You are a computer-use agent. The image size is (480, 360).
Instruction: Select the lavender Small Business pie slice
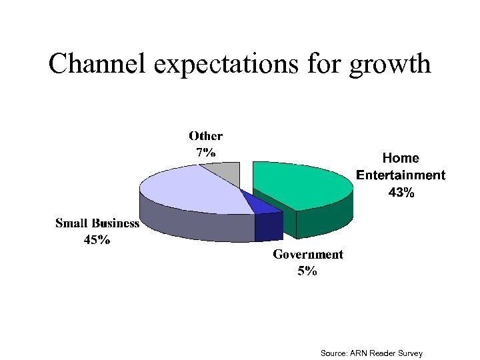coord(193,190)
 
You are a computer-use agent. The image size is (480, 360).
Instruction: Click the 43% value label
coord(401,193)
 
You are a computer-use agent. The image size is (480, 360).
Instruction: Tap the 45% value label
coord(97,240)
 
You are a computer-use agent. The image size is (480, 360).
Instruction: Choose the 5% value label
coord(307,271)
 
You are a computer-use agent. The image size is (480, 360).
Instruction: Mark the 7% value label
coord(205,152)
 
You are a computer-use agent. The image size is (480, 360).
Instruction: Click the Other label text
coord(205,136)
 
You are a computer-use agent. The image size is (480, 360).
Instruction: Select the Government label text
coord(307,254)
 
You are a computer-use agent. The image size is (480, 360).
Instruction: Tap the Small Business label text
coord(97,223)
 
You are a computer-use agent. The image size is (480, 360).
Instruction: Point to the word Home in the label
coord(401,158)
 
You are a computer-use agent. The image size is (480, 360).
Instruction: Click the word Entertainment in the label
coord(401,175)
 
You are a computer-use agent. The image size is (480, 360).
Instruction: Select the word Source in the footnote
coord(333,353)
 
